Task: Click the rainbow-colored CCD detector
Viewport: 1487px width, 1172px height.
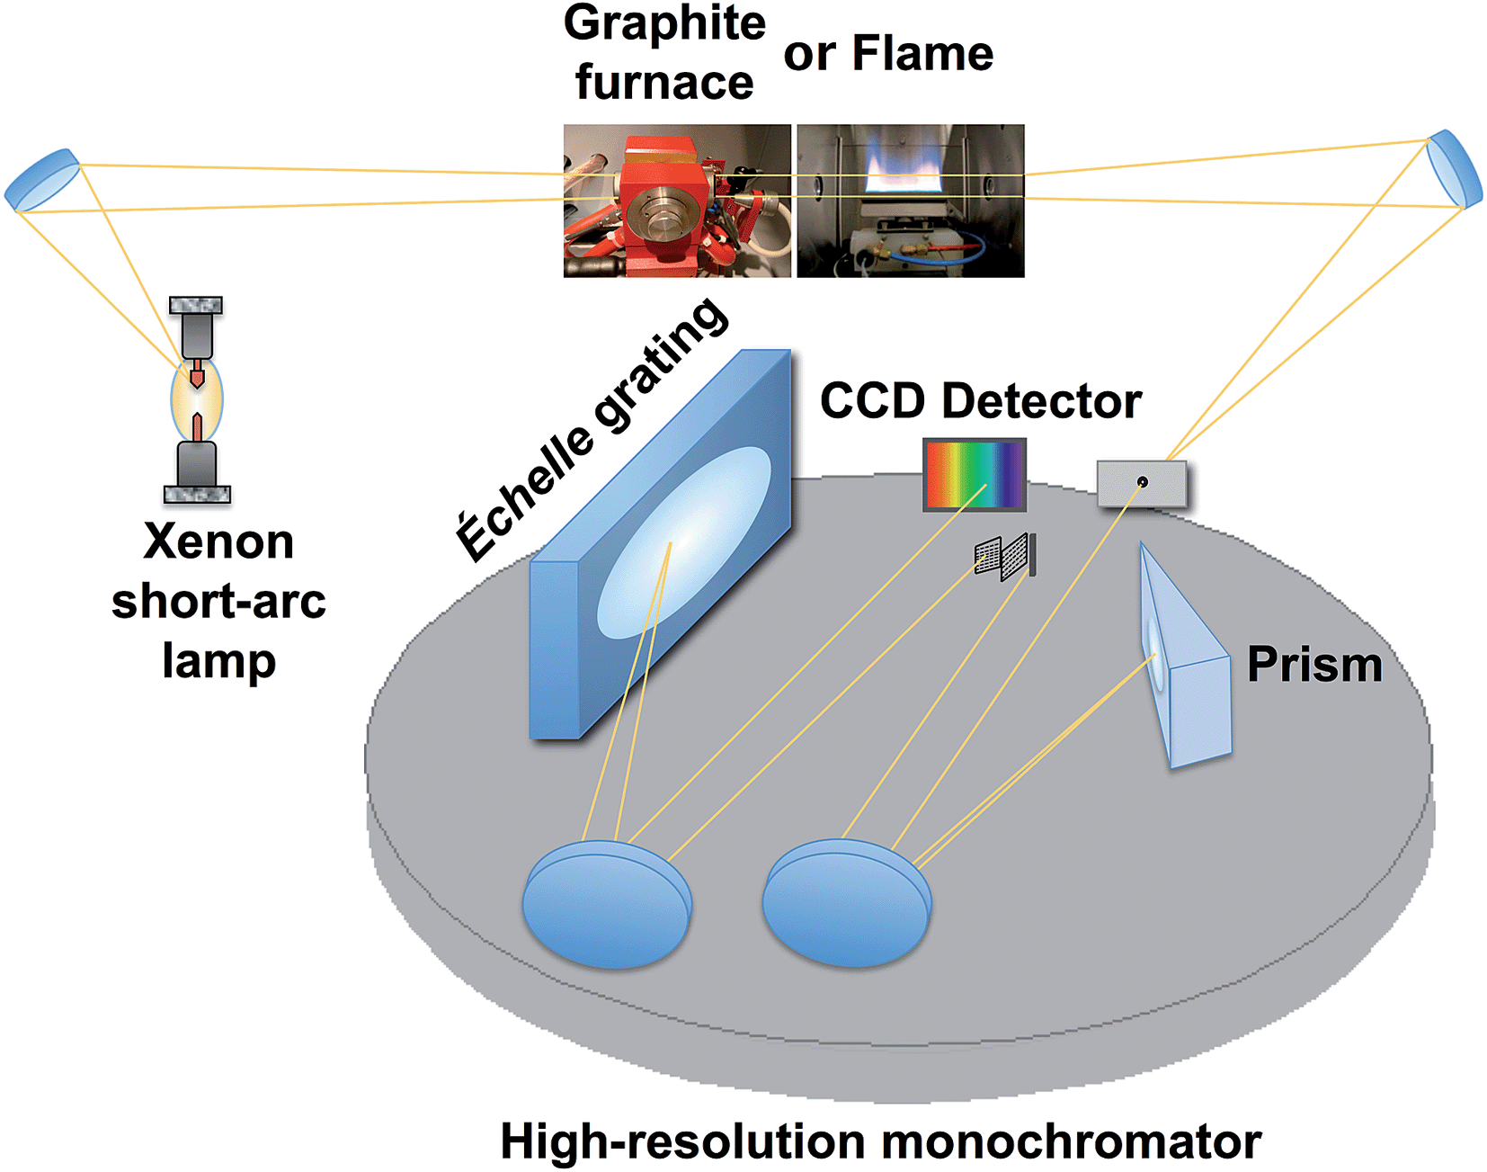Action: click(975, 474)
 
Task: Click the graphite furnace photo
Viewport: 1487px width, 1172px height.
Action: click(677, 201)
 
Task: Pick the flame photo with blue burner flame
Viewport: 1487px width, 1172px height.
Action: click(910, 201)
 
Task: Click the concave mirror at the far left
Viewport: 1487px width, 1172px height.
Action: click(42, 180)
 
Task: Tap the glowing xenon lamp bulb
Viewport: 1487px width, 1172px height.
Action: click(197, 400)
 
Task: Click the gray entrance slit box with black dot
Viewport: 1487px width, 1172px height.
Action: click(1142, 483)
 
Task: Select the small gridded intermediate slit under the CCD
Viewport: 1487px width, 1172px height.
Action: click(1005, 556)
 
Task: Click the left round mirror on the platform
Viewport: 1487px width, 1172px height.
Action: click(607, 904)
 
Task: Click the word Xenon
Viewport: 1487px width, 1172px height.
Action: click(218, 542)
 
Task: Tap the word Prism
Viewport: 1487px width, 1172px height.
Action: click(1313, 665)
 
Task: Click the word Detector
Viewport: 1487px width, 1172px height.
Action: click(1041, 401)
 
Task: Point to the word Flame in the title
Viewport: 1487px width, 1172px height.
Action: click(922, 53)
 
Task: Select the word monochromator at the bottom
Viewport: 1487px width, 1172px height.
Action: click(1071, 1141)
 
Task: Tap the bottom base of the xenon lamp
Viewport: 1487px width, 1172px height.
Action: click(197, 493)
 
